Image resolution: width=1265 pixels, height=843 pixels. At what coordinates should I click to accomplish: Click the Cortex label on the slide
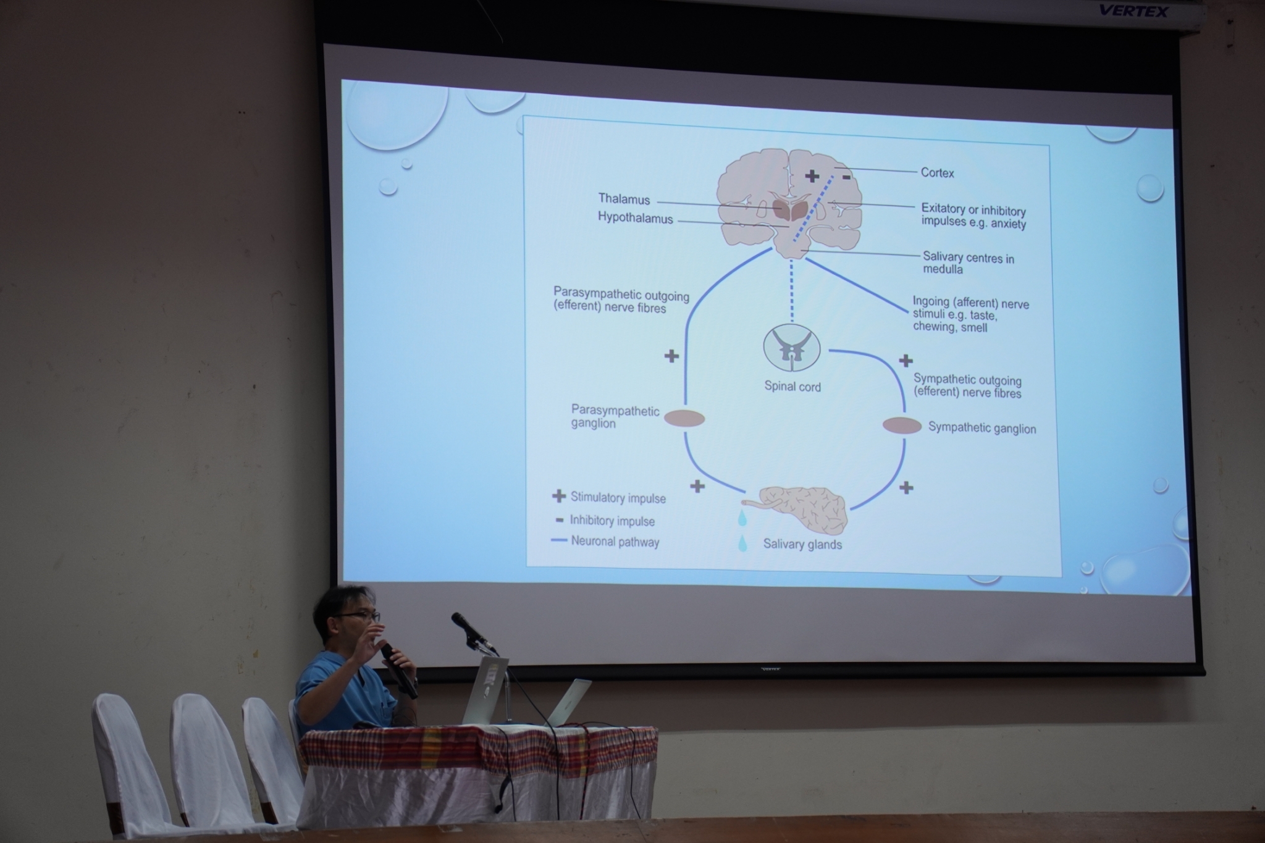pyautogui.click(x=937, y=173)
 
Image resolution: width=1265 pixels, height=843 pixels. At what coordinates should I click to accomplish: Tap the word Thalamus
pyautogui.click(x=624, y=199)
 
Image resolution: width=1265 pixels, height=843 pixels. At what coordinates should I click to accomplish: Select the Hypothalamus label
pyautogui.click(x=635, y=217)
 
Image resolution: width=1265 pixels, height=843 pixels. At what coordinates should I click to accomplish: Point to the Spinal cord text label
pyautogui.click(x=792, y=387)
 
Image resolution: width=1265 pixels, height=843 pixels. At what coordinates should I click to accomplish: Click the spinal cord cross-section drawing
pyautogui.click(x=792, y=347)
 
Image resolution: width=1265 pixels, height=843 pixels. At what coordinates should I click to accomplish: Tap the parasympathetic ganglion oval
pyautogui.click(x=684, y=419)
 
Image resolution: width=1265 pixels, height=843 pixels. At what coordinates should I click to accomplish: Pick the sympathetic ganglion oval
pyautogui.click(x=902, y=425)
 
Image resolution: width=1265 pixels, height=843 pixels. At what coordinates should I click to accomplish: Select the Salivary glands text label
pyautogui.click(x=802, y=544)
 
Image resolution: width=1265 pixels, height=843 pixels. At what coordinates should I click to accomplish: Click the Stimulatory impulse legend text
pyautogui.click(x=618, y=498)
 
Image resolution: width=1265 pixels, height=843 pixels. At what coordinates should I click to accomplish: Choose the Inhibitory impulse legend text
pyautogui.click(x=612, y=521)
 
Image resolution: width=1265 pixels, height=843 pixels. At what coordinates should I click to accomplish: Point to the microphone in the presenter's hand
pyautogui.click(x=398, y=671)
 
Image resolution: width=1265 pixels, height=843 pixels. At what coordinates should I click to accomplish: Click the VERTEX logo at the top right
pyautogui.click(x=1133, y=11)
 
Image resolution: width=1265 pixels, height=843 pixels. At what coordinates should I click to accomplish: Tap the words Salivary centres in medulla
pyautogui.click(x=968, y=263)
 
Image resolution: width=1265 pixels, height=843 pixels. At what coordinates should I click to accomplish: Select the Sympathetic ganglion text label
pyautogui.click(x=982, y=428)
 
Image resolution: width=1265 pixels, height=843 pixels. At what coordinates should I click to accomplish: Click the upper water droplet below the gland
pyautogui.click(x=742, y=517)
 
